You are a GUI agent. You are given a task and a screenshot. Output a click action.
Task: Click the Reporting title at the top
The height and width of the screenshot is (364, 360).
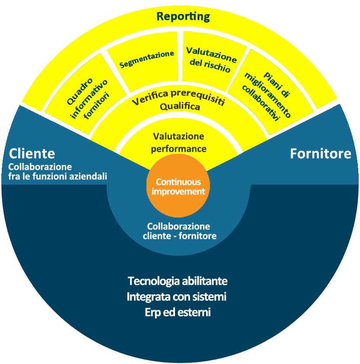coord(183,16)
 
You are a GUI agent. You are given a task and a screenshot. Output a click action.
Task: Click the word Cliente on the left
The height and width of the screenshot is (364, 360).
coord(32,153)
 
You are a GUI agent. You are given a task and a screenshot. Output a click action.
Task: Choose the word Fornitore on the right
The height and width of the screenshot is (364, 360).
coord(321,153)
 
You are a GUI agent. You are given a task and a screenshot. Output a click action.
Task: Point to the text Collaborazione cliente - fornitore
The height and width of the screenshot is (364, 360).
coord(179,231)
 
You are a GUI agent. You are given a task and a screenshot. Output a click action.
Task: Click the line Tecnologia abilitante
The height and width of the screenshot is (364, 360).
coord(178,281)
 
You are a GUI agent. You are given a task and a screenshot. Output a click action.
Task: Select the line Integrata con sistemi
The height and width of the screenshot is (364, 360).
coord(177,297)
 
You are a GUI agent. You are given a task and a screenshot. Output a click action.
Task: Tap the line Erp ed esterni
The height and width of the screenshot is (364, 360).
coord(178,312)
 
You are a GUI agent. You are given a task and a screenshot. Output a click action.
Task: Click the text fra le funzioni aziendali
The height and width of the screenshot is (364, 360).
coord(58,176)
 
